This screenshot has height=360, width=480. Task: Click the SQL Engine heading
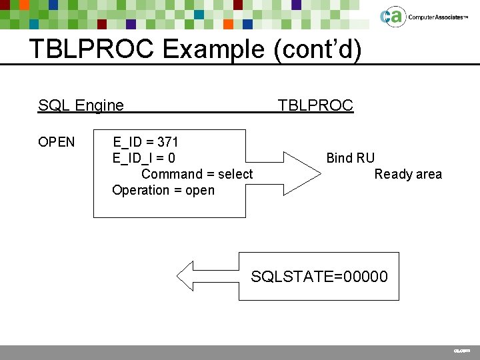(x=81, y=105)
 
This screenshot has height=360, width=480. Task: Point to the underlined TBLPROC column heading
(x=315, y=105)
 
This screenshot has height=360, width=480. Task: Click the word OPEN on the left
(x=57, y=142)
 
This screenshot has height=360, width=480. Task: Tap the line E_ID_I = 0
(x=144, y=158)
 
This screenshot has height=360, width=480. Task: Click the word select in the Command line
(x=235, y=174)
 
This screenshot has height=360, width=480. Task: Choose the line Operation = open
(x=163, y=190)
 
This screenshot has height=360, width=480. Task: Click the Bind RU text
(x=350, y=158)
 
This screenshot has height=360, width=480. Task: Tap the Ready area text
(x=408, y=174)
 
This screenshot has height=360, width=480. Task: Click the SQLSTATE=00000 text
(x=319, y=276)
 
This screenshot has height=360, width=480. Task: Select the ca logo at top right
(x=392, y=17)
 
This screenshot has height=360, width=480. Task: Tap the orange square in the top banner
(x=228, y=24)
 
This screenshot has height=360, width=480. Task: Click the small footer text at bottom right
(x=462, y=350)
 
